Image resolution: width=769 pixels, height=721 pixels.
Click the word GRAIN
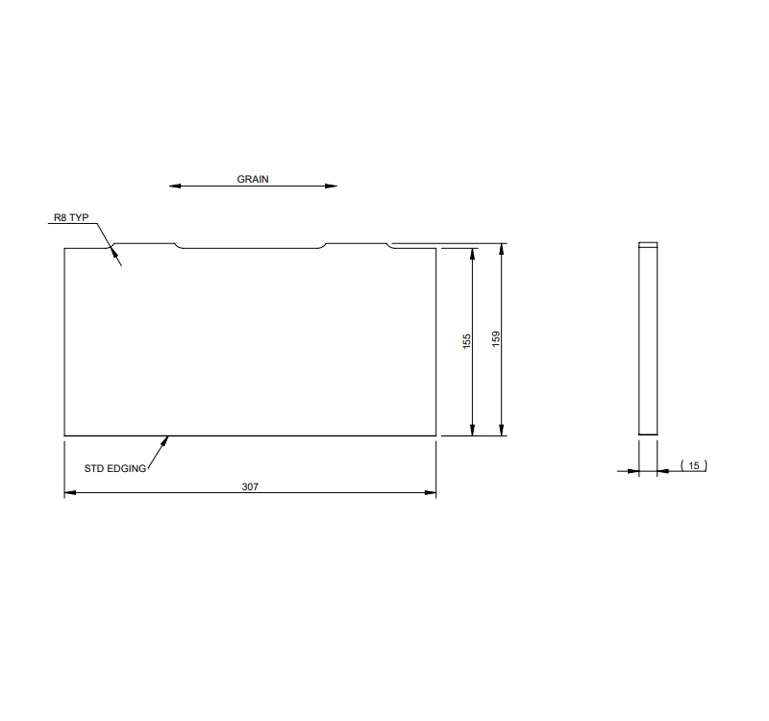click(253, 179)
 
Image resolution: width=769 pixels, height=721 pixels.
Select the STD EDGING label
click(114, 468)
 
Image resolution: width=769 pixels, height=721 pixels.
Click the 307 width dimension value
click(249, 486)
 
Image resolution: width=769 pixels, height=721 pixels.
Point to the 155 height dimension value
click(466, 340)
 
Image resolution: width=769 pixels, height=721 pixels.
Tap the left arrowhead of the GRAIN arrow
click(173, 186)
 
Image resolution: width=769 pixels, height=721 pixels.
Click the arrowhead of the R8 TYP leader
click(114, 252)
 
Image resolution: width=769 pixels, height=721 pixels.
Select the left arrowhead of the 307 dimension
click(69, 494)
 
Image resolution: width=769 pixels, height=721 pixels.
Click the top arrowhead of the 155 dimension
click(473, 253)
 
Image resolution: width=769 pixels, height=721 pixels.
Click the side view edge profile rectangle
click(648, 341)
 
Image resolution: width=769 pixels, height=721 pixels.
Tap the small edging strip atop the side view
click(648, 245)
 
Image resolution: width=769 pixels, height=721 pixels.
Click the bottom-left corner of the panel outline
click(64, 435)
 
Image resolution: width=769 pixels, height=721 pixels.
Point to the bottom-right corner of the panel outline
click(436, 435)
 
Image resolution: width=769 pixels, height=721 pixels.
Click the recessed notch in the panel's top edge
click(251, 249)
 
